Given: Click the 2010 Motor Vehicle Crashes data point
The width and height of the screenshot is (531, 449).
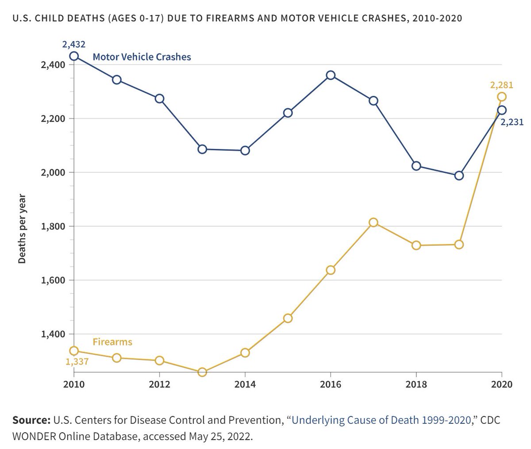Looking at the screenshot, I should pyautogui.click(x=74, y=56).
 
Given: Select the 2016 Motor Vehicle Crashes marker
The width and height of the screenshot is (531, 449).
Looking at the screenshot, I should pyautogui.click(x=331, y=75).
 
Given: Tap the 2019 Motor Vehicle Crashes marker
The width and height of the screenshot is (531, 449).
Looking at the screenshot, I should pyautogui.click(x=459, y=175).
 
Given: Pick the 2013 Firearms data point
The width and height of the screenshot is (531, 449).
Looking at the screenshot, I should pyautogui.click(x=202, y=372).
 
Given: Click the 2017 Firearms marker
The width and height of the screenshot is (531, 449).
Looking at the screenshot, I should pyautogui.click(x=373, y=222).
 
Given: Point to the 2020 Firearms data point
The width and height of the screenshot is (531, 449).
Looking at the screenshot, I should pyautogui.click(x=502, y=97).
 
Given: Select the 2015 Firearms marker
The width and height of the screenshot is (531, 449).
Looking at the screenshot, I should pyautogui.click(x=288, y=318).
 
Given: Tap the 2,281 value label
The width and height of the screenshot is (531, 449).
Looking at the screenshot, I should pyautogui.click(x=501, y=85).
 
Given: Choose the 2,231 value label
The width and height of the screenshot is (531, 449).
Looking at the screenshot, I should pyautogui.click(x=512, y=122).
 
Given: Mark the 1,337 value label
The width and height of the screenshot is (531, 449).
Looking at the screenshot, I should pyautogui.click(x=77, y=362).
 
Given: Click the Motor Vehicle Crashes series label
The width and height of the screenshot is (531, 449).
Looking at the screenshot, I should pyautogui.click(x=142, y=57).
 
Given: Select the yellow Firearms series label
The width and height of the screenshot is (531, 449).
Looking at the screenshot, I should pyautogui.click(x=112, y=342).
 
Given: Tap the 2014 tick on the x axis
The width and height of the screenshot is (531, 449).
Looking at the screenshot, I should pyautogui.click(x=245, y=384).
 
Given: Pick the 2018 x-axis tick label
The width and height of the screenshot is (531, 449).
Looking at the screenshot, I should pyautogui.click(x=416, y=384).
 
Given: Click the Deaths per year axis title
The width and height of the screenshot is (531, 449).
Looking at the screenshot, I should pyautogui.click(x=22, y=229).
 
